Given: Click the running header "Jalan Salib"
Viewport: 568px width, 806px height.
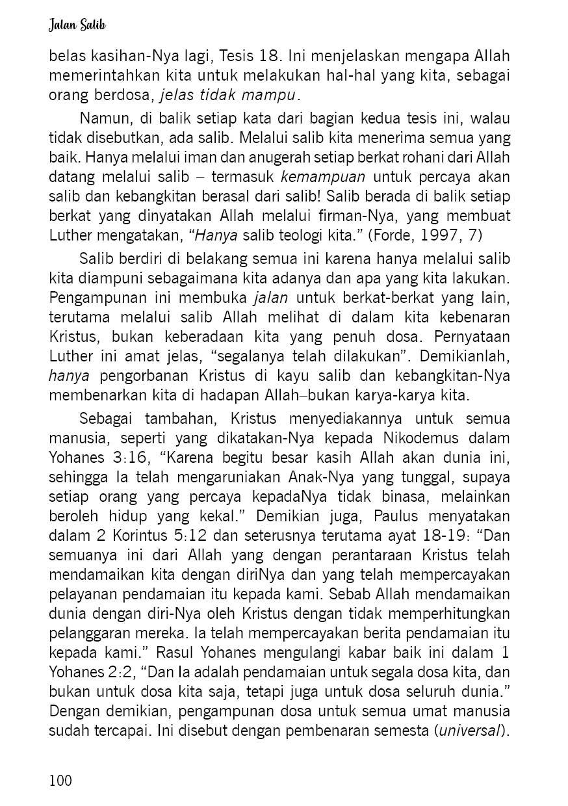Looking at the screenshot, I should point(77,25).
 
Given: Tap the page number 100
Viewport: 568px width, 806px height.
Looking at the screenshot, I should point(61,779).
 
